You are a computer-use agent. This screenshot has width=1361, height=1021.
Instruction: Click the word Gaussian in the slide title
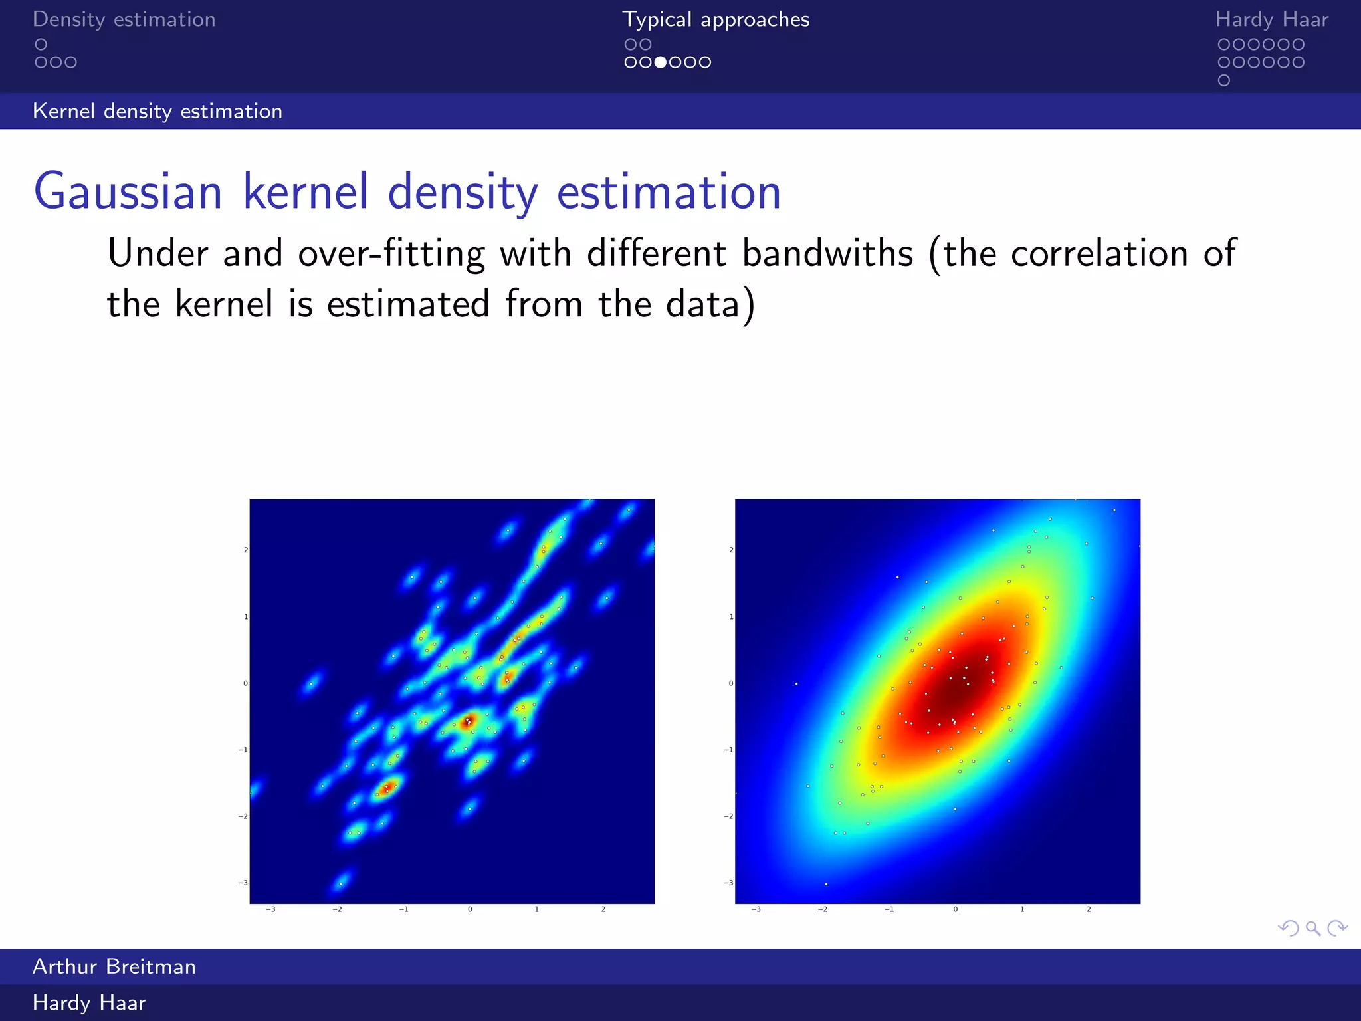pos(128,193)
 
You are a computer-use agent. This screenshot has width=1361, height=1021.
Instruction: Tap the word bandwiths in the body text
pos(827,254)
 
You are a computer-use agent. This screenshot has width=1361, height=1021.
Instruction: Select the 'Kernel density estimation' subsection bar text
pos(157,111)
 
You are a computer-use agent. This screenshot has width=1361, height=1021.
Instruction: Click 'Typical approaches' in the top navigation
pos(716,19)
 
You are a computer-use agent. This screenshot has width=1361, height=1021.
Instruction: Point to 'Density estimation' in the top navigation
pos(124,19)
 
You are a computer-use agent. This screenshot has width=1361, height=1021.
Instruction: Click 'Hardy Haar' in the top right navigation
pos(1271,19)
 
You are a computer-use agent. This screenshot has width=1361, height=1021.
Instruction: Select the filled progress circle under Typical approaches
pos(661,62)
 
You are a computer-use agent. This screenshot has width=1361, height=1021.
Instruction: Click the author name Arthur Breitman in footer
pos(114,966)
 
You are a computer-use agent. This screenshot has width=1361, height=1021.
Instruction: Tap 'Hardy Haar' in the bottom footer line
pos(89,1002)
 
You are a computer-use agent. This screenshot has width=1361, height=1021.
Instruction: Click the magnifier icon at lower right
pos(1312,928)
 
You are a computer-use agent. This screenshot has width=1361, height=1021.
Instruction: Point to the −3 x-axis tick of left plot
pos(270,909)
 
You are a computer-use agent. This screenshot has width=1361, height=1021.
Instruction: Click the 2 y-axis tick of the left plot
pos(245,550)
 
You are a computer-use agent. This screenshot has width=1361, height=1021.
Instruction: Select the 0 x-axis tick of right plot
pos(956,909)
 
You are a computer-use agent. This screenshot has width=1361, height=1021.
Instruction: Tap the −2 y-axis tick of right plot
pos(729,816)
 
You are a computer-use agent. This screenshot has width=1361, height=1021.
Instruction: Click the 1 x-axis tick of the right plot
pos(1022,909)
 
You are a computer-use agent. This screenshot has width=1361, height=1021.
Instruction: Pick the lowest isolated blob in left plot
pos(341,883)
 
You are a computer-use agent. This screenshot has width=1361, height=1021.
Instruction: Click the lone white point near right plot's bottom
pos(826,884)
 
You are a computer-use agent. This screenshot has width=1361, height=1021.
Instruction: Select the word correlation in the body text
pos(1099,254)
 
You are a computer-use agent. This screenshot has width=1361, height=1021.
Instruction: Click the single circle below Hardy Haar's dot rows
pos(1224,80)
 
